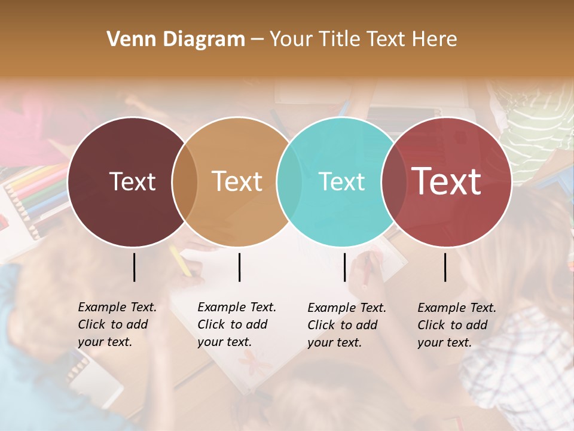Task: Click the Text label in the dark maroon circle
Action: [x=132, y=182]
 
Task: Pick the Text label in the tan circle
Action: [x=237, y=182]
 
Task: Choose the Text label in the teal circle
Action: [x=341, y=182]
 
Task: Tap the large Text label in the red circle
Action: [x=446, y=182]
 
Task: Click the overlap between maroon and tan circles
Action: [x=185, y=182]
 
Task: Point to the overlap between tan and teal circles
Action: [x=289, y=182]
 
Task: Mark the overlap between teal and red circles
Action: [x=394, y=182]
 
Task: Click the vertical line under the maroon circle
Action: [x=134, y=267]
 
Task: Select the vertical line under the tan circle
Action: [x=239, y=267]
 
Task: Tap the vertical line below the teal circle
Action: [x=344, y=267]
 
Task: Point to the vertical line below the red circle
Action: [x=445, y=267]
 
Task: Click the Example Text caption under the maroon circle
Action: [x=117, y=324]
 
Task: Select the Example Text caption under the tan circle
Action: [x=237, y=324]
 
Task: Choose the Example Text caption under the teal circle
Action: [x=347, y=325]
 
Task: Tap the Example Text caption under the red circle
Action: [x=457, y=325]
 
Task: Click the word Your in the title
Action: [x=291, y=40]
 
